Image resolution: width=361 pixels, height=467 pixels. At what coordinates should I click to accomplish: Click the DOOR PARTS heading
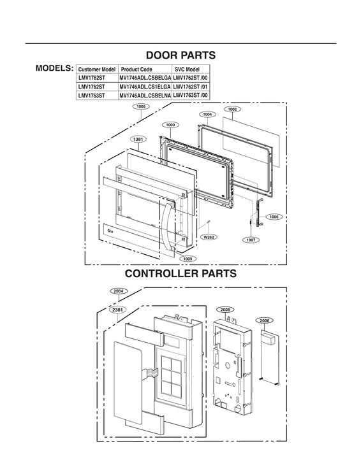pos(180,55)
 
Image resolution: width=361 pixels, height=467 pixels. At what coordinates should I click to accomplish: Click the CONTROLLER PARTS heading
pos(180,273)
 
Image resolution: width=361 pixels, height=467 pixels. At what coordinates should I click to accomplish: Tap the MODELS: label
pos(55,68)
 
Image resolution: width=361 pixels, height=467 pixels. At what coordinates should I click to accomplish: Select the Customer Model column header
pos(96,68)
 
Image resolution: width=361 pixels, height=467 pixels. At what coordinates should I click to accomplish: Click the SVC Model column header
pos(187,68)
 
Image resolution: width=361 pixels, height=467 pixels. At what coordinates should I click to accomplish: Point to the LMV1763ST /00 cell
pos(191,95)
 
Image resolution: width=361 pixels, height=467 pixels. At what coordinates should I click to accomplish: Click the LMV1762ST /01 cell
pos(191,86)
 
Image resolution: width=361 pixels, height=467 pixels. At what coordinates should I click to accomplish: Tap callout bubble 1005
pos(142,107)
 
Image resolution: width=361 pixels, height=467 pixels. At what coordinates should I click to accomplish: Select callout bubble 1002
pos(232,109)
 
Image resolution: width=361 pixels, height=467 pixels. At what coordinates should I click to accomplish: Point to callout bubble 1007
pos(251,240)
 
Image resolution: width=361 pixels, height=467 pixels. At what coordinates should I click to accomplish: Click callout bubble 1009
pos(188,259)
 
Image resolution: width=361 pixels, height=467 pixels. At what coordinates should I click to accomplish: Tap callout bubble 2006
pos(265,321)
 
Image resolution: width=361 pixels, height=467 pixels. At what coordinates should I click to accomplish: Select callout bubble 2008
pos(225,308)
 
